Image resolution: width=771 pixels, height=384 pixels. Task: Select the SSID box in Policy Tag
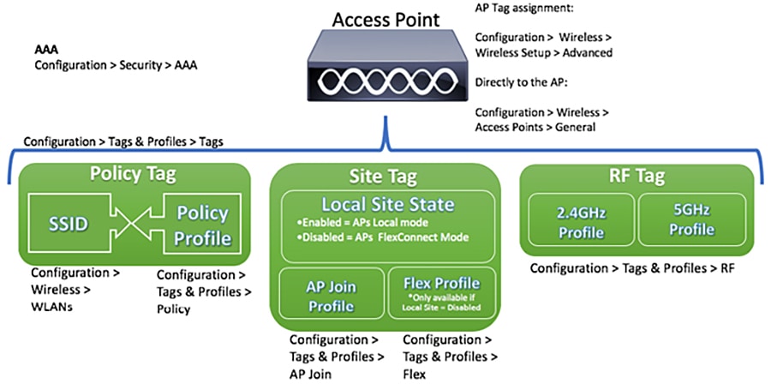click(x=69, y=225)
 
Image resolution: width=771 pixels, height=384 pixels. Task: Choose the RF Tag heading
click(x=637, y=176)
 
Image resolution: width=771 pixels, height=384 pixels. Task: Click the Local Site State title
click(x=387, y=205)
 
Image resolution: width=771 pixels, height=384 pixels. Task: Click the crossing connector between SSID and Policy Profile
click(x=134, y=225)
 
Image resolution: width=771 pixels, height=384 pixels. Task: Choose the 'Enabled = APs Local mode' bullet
click(x=358, y=224)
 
